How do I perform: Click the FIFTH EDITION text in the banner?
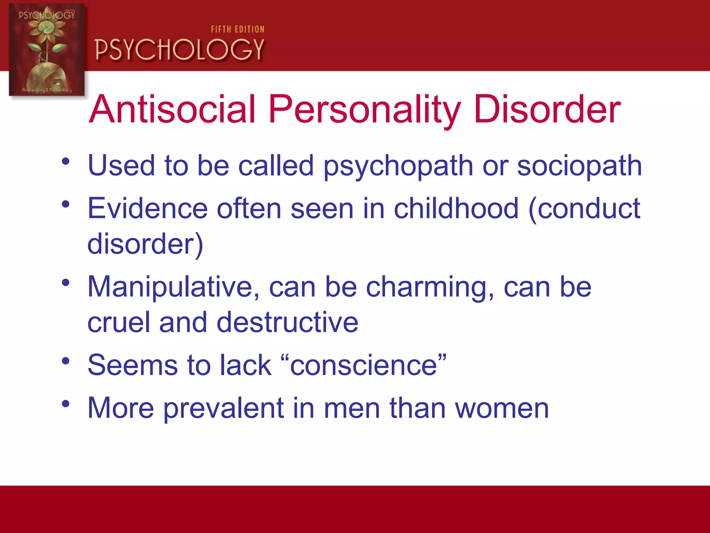pyautogui.click(x=237, y=29)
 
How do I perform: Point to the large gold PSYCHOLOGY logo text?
pyautogui.click(x=179, y=50)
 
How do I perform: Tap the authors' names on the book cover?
pyautogui.click(x=47, y=90)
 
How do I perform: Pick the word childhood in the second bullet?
pyautogui.click(x=456, y=209)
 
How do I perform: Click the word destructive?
pyautogui.click(x=287, y=322)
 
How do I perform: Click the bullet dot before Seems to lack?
pyautogui.click(x=66, y=361)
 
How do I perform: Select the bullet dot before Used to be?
pyautogui.click(x=66, y=161)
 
